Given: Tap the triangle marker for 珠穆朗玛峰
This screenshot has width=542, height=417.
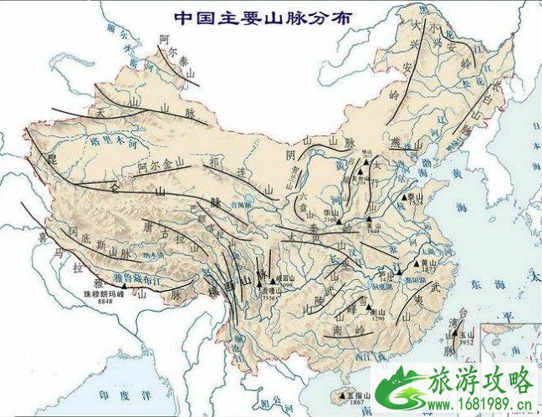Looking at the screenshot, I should click(x=124, y=287).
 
